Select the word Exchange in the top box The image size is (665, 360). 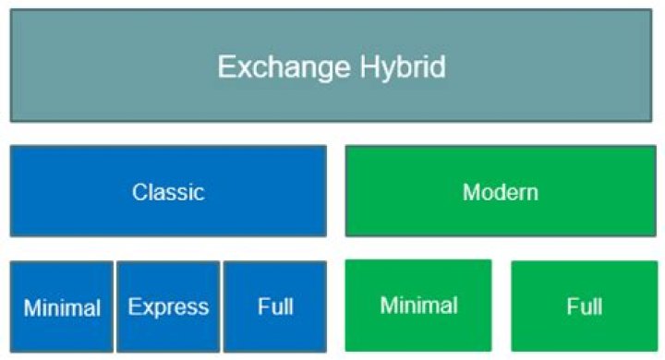point(272,66)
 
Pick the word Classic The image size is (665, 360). point(168,192)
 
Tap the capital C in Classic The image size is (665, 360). point(139,192)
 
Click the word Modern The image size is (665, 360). point(500,192)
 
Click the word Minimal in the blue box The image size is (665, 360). point(61,307)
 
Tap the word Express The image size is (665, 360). point(168,307)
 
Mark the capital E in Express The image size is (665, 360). point(134,306)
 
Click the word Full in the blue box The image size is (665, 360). point(275,306)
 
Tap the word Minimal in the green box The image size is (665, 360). point(418,305)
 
